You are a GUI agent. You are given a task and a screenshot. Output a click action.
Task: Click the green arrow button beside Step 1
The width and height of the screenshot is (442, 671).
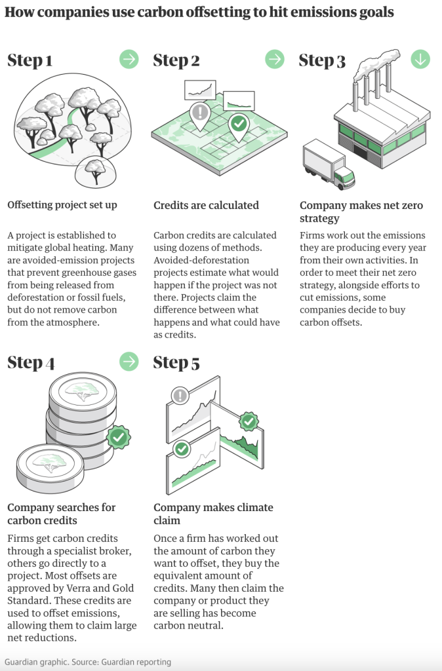click(129, 59)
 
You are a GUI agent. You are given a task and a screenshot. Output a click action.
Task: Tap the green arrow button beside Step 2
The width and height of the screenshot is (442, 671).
click(275, 59)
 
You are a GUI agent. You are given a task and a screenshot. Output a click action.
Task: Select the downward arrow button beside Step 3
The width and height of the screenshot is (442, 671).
click(420, 59)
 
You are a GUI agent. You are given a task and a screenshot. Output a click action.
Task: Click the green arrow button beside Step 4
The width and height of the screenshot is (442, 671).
click(129, 361)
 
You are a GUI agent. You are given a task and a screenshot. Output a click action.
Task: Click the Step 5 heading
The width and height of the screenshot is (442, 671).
click(176, 363)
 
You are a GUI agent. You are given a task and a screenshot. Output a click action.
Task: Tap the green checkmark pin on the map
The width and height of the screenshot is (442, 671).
click(238, 125)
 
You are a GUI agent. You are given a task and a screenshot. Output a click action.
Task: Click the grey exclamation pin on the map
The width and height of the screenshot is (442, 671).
click(198, 113)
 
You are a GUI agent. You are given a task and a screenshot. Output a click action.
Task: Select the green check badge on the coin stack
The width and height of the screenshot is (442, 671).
click(117, 436)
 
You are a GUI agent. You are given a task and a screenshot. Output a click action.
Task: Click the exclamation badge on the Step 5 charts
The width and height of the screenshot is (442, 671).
click(179, 395)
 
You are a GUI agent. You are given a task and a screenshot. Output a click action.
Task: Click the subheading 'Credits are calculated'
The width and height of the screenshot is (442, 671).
click(206, 205)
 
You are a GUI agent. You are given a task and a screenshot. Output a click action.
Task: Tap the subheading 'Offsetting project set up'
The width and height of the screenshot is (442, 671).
click(62, 205)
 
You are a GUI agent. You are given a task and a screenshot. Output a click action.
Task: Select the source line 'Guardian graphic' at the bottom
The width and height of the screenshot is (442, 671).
click(37, 662)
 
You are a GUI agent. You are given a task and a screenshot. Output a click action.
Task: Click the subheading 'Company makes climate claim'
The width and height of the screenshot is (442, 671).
click(213, 514)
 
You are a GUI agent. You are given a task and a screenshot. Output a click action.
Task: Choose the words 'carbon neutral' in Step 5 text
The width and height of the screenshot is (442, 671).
click(187, 625)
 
